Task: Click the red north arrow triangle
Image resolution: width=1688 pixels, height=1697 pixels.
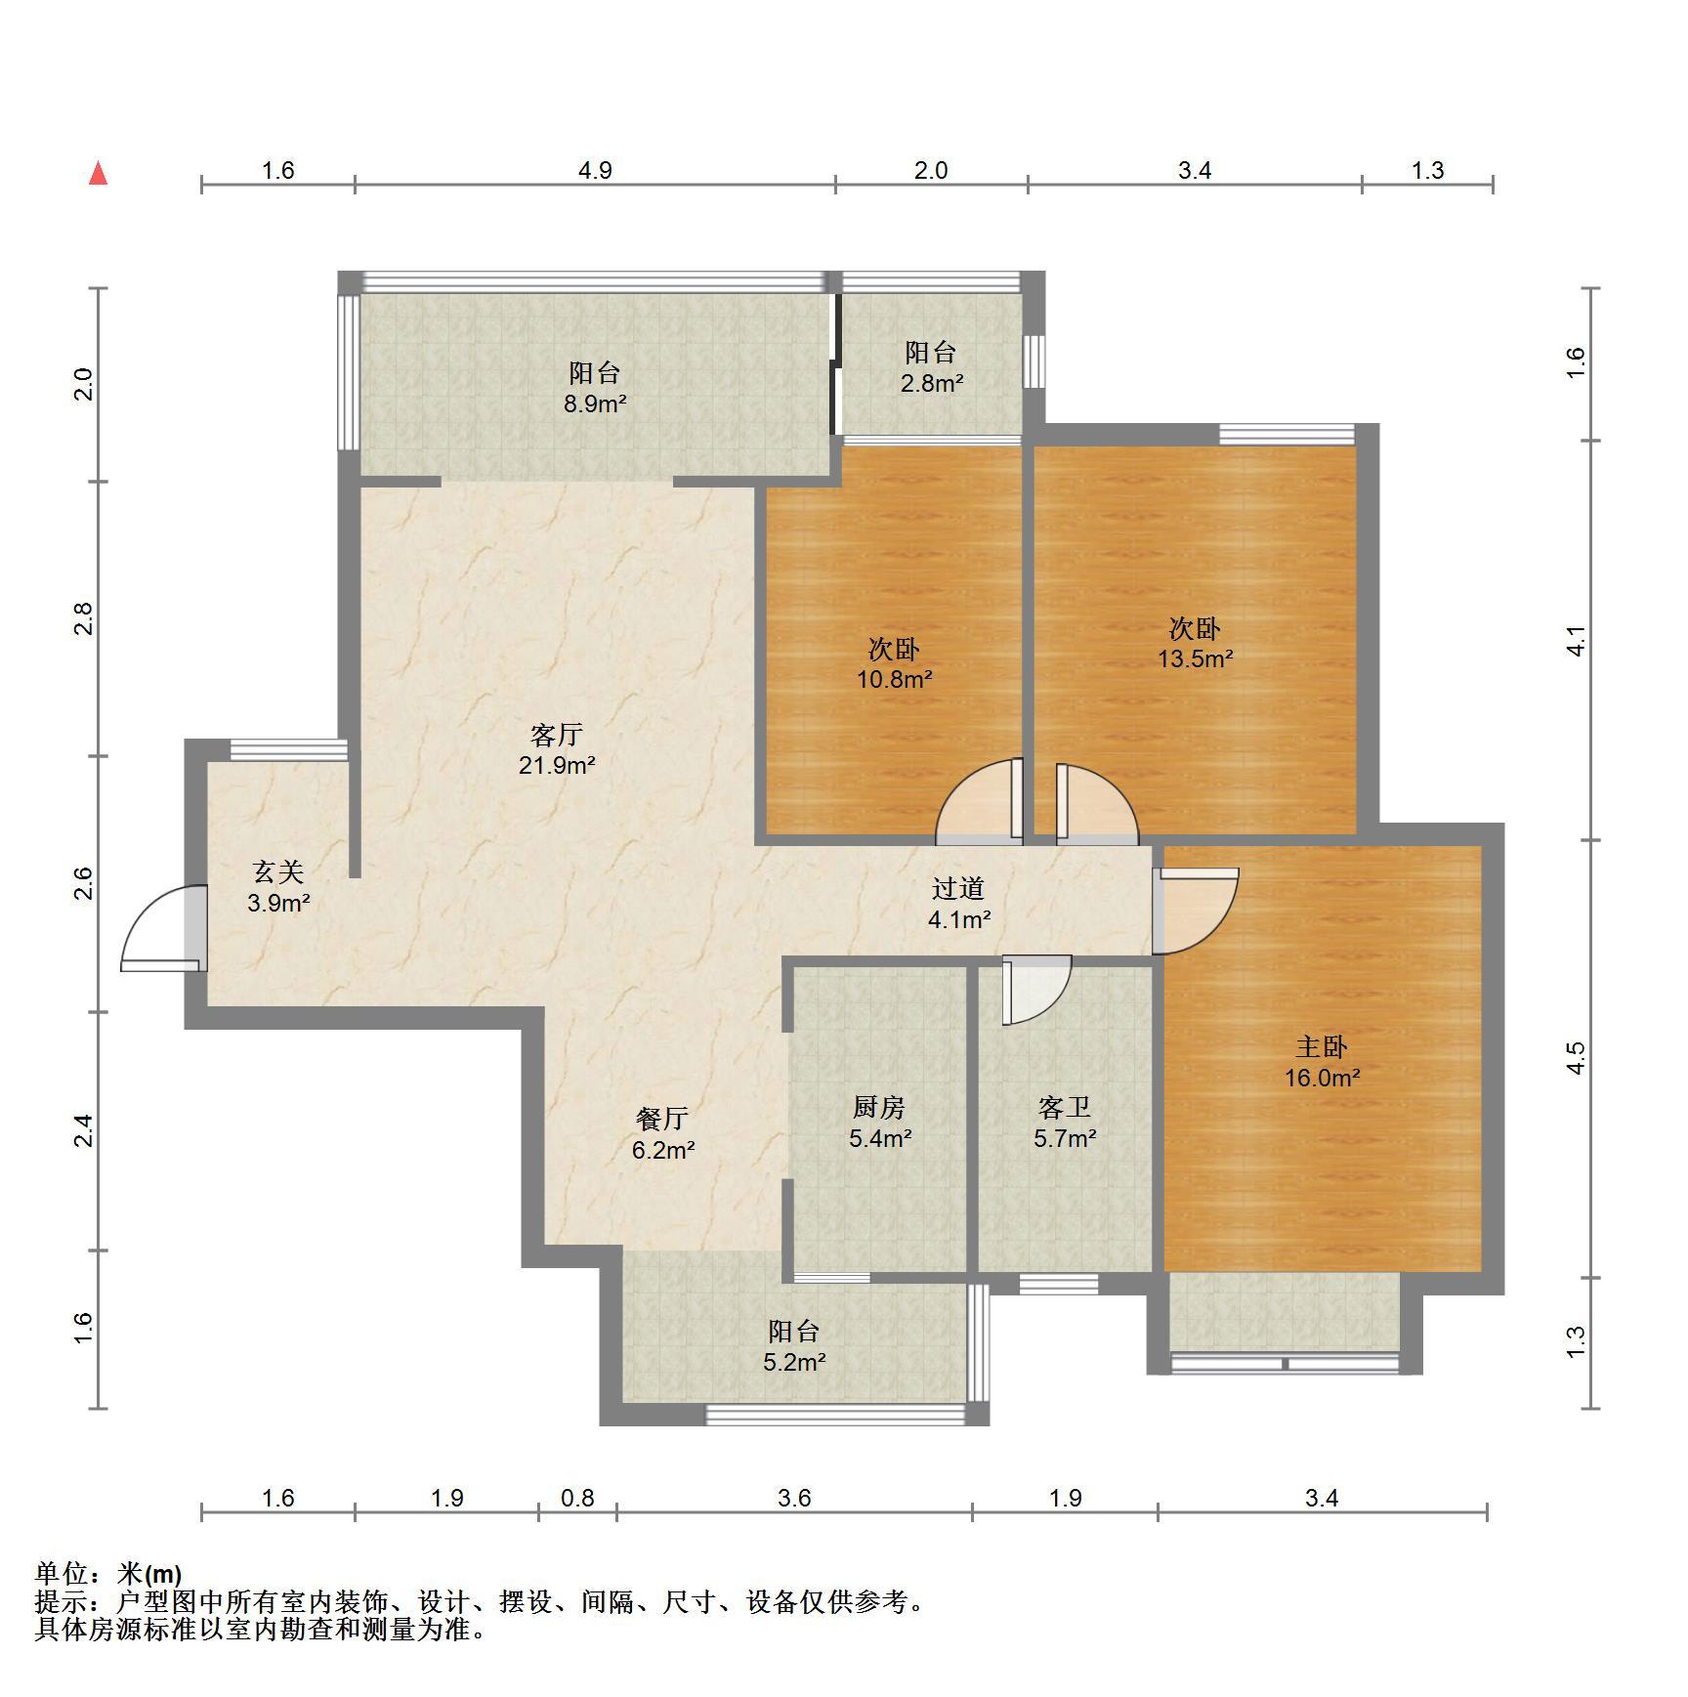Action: (x=98, y=173)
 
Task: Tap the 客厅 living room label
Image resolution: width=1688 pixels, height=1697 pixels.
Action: (x=557, y=734)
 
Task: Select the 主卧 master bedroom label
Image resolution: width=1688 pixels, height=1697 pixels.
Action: (x=1322, y=1046)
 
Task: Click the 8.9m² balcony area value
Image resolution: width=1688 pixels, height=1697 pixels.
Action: (x=595, y=403)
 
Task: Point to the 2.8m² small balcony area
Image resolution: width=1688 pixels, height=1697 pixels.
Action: (x=931, y=383)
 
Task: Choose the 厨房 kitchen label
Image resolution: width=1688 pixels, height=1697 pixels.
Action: (x=879, y=1107)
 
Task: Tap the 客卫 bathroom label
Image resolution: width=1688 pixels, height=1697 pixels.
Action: (x=1065, y=1107)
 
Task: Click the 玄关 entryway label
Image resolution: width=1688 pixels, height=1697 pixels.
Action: (x=278, y=870)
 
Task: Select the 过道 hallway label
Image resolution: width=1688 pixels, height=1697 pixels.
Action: (x=958, y=888)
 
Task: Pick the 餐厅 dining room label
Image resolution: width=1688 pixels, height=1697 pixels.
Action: (x=662, y=1119)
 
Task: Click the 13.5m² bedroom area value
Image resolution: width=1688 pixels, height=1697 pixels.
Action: (x=1195, y=658)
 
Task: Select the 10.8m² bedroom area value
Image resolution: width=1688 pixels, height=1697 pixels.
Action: (x=894, y=678)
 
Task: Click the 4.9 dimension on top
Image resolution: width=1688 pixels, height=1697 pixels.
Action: (x=595, y=171)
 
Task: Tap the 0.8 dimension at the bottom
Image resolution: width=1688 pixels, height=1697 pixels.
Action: (x=577, y=1498)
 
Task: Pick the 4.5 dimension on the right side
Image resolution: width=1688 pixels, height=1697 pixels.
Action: (x=1575, y=1058)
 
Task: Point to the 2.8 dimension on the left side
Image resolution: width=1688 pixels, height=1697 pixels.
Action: (x=84, y=619)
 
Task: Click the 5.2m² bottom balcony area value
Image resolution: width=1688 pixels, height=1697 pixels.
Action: (x=794, y=1361)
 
